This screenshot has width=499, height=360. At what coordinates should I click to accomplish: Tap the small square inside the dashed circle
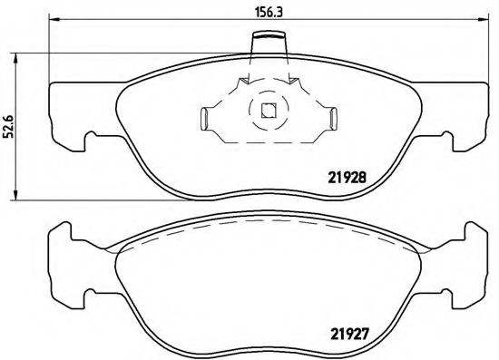[268, 112]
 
